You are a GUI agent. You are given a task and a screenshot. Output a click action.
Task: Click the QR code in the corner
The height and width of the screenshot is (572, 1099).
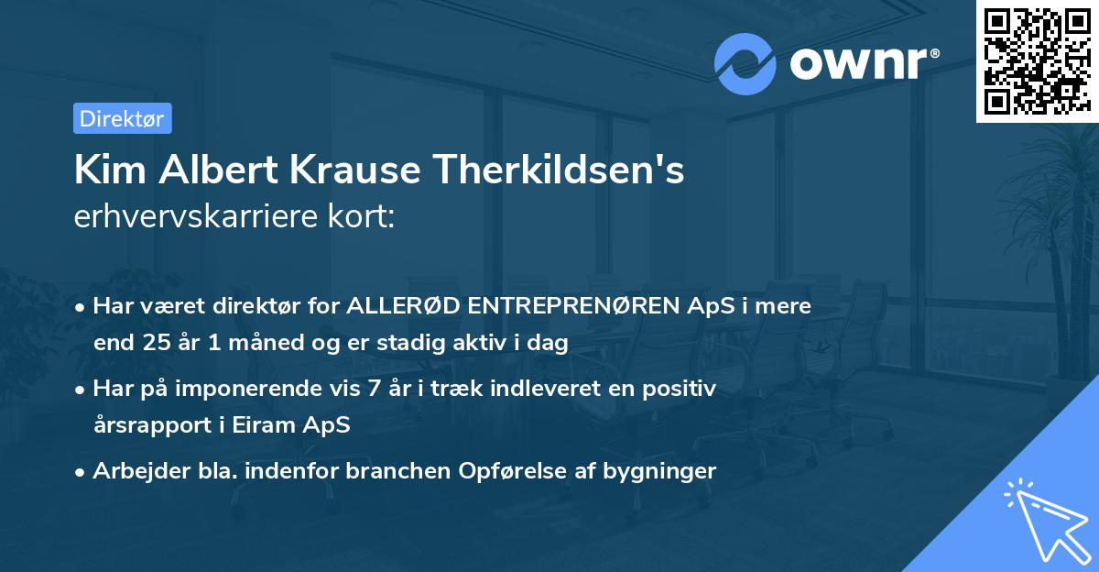tap(1038, 61)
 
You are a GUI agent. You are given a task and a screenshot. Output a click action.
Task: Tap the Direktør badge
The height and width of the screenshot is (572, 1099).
tap(122, 118)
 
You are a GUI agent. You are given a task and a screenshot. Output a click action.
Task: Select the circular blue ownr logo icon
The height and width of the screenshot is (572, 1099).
tap(745, 63)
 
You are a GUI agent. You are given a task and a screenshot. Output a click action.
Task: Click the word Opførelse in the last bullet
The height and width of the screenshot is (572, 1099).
tap(489, 471)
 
